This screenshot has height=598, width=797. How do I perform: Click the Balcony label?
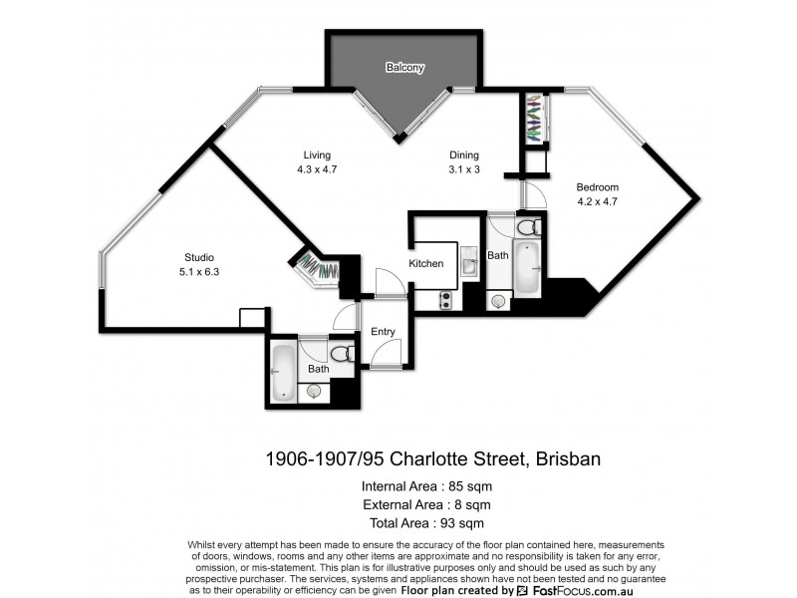(405, 68)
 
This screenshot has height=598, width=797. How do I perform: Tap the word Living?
(317, 155)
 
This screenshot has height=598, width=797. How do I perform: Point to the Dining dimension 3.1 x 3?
(464, 169)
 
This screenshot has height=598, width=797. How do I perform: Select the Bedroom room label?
(598, 187)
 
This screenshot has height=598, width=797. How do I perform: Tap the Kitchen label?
(426, 263)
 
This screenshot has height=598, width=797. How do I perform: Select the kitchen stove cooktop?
(445, 297)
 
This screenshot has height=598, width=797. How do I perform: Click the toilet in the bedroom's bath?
(528, 227)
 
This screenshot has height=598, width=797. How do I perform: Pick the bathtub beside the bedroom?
(527, 266)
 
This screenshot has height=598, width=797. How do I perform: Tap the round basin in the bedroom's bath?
(498, 299)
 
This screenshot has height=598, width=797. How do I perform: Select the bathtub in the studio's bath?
(283, 371)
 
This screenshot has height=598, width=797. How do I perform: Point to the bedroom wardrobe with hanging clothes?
(535, 116)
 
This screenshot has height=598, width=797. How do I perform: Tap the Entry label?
(383, 332)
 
